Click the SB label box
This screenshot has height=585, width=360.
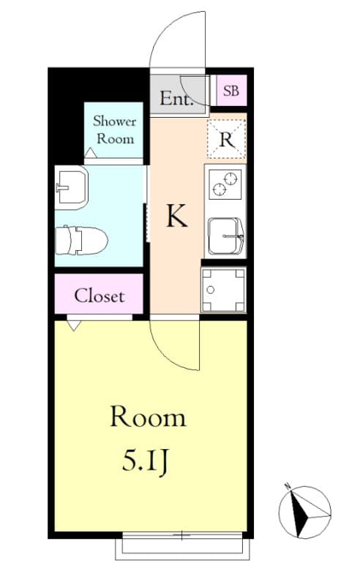pos(231,91)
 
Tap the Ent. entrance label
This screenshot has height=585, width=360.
pos(176,99)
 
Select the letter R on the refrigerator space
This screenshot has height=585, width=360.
pos(227,140)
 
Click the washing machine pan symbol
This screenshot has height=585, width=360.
pos(224,290)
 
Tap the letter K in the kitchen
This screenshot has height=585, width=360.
pos(176,216)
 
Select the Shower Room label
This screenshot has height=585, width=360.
pos(114,129)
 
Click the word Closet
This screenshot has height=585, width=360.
pos(99,296)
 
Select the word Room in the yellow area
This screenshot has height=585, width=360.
pos(148,418)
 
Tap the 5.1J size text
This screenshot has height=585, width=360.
pos(147,461)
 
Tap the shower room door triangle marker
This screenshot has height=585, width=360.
pos(90,153)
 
